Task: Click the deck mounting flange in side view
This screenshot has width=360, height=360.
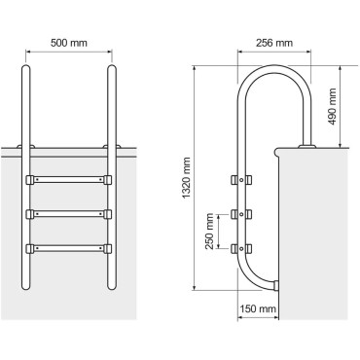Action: (309, 146)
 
